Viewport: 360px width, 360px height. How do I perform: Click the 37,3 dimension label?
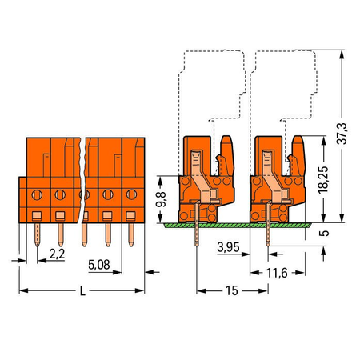[x=342, y=134]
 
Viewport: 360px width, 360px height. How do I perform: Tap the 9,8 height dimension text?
[x=161, y=199]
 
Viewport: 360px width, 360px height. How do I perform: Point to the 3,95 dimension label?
[x=228, y=247]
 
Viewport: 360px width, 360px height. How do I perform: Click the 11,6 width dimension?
[x=277, y=273]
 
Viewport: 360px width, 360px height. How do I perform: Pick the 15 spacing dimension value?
[x=231, y=290]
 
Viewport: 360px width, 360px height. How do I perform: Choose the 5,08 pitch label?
[x=99, y=265]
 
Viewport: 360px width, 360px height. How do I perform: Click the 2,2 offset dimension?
[x=57, y=254]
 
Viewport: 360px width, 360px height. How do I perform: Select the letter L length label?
[x=82, y=290]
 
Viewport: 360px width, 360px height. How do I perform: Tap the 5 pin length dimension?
[x=324, y=233]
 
